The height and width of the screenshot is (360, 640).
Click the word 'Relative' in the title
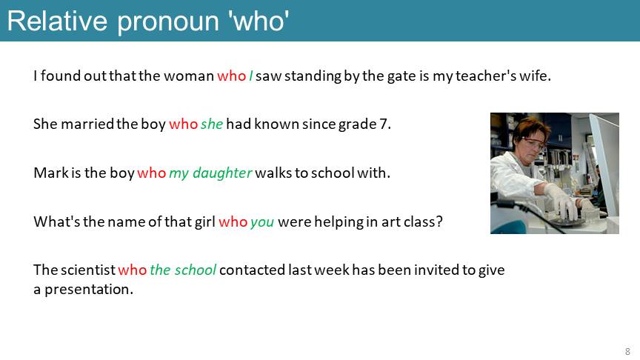pos(58,21)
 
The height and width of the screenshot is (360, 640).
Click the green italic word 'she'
pos(212,124)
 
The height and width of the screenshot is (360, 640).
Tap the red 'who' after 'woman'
pos(231,76)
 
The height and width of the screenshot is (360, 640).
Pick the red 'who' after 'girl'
pos(233,221)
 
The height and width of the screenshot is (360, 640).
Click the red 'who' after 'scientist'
pos(133,270)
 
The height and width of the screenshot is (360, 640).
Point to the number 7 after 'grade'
pos(383,124)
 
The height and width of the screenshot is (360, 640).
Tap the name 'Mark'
pos(51,173)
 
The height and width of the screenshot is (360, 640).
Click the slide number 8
pos(627,351)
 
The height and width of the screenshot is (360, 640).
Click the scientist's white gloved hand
pos(561,201)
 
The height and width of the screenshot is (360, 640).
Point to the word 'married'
pos(87,124)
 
